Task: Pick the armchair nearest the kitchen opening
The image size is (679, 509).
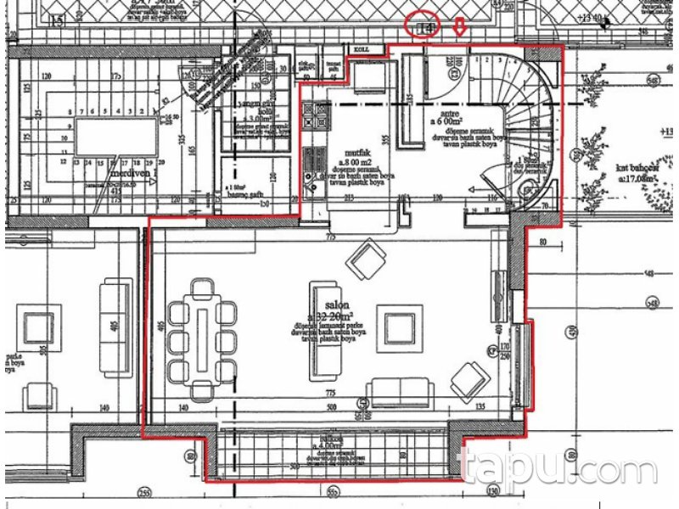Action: pyautogui.click(x=368, y=260)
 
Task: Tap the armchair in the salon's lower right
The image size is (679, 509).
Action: pyautogui.click(x=469, y=381)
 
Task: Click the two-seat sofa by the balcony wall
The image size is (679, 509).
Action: pyautogui.click(x=400, y=393)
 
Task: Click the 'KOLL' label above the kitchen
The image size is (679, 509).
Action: pyautogui.click(x=362, y=50)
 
